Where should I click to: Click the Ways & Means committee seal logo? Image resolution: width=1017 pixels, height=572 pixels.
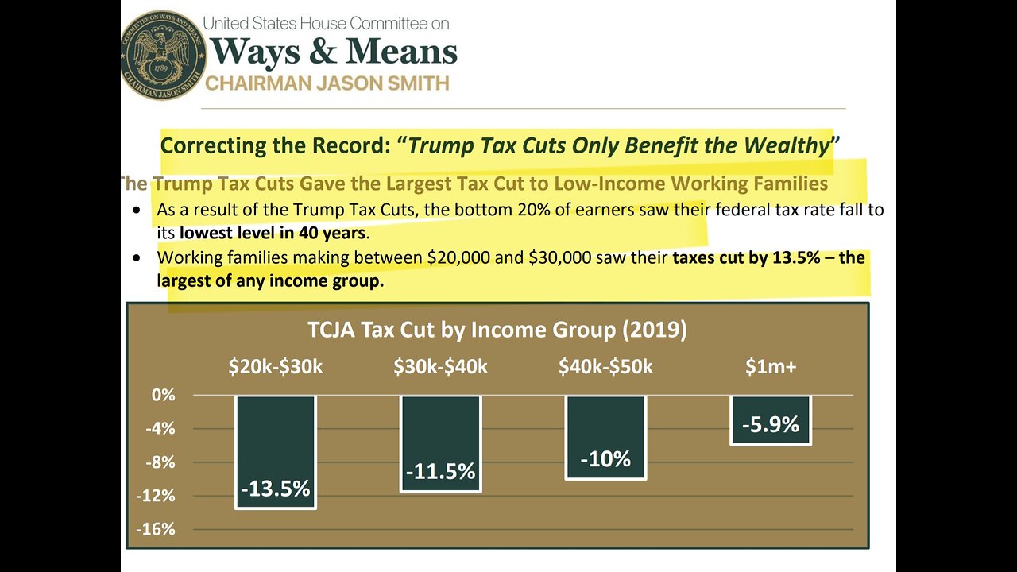164,55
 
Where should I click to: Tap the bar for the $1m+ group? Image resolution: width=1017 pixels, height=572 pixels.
770,419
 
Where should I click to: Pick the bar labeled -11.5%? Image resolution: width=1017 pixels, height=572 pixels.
441,443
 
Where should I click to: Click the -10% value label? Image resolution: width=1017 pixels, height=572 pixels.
605,459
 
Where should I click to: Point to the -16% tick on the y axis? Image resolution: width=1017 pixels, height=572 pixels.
157,529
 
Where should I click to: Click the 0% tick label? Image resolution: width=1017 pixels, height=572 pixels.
162,395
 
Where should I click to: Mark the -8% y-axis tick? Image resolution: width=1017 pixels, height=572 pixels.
160,462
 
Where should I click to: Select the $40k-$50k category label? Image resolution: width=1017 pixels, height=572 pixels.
605,366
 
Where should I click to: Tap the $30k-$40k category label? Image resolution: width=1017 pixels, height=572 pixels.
440,366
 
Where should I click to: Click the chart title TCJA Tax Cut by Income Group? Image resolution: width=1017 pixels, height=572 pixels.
497,330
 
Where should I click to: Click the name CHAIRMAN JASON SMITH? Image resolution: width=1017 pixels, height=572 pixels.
327,83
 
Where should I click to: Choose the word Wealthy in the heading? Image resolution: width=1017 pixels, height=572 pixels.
786,145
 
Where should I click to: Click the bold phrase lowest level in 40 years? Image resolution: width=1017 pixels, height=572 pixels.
272,234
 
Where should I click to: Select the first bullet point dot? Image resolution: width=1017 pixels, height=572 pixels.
139,211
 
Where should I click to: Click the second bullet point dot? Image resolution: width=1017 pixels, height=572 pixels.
139,258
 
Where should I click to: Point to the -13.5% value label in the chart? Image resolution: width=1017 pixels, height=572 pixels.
276,489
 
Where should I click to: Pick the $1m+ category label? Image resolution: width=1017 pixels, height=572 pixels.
770,366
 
